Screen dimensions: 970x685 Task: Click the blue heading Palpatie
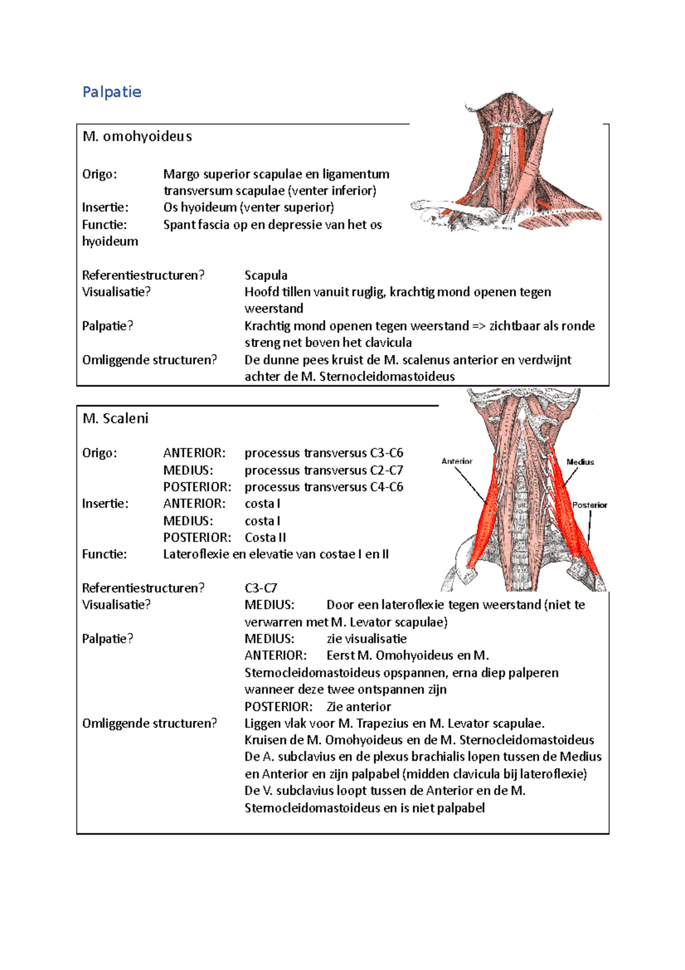click(112, 92)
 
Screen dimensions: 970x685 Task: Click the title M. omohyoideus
click(137, 137)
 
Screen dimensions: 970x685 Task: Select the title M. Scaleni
click(115, 419)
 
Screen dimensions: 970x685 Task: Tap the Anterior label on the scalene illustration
click(457, 461)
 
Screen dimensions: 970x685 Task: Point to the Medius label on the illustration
click(580, 462)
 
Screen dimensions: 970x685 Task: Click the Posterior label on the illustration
click(590, 505)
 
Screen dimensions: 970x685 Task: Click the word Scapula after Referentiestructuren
click(266, 275)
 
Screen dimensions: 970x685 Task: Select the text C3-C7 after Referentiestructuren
click(261, 588)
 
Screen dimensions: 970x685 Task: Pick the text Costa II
click(265, 538)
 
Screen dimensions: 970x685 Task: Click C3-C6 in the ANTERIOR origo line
click(386, 453)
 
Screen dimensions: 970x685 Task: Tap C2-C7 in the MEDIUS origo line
click(386, 470)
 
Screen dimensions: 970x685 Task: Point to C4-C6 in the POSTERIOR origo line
click(386, 487)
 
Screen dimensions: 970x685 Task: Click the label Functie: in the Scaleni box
click(104, 554)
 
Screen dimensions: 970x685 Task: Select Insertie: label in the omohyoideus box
click(105, 207)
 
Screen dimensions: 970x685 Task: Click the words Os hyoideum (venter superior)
click(248, 207)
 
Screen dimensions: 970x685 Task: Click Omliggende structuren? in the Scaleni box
click(150, 723)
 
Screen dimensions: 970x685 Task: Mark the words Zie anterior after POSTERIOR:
click(358, 707)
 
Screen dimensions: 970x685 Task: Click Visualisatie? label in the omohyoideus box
click(116, 292)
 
